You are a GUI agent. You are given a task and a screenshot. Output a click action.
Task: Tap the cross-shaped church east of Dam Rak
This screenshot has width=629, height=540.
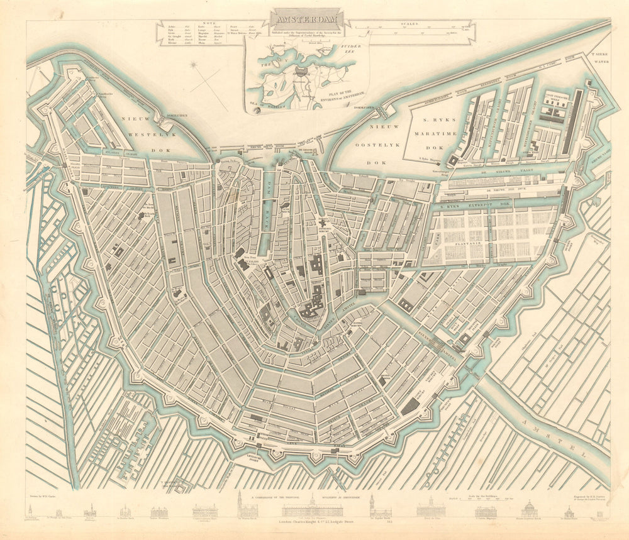click(326, 224)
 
